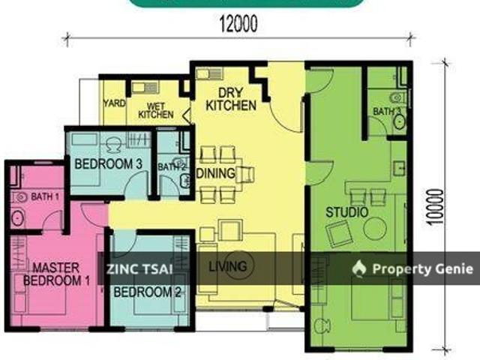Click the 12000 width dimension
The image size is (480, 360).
point(238,24)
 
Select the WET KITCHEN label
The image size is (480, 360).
point(156,111)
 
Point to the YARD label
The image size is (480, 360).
point(114,104)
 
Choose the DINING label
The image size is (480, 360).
point(216,174)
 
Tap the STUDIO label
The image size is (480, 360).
point(346,213)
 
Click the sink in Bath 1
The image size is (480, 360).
point(17,219)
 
